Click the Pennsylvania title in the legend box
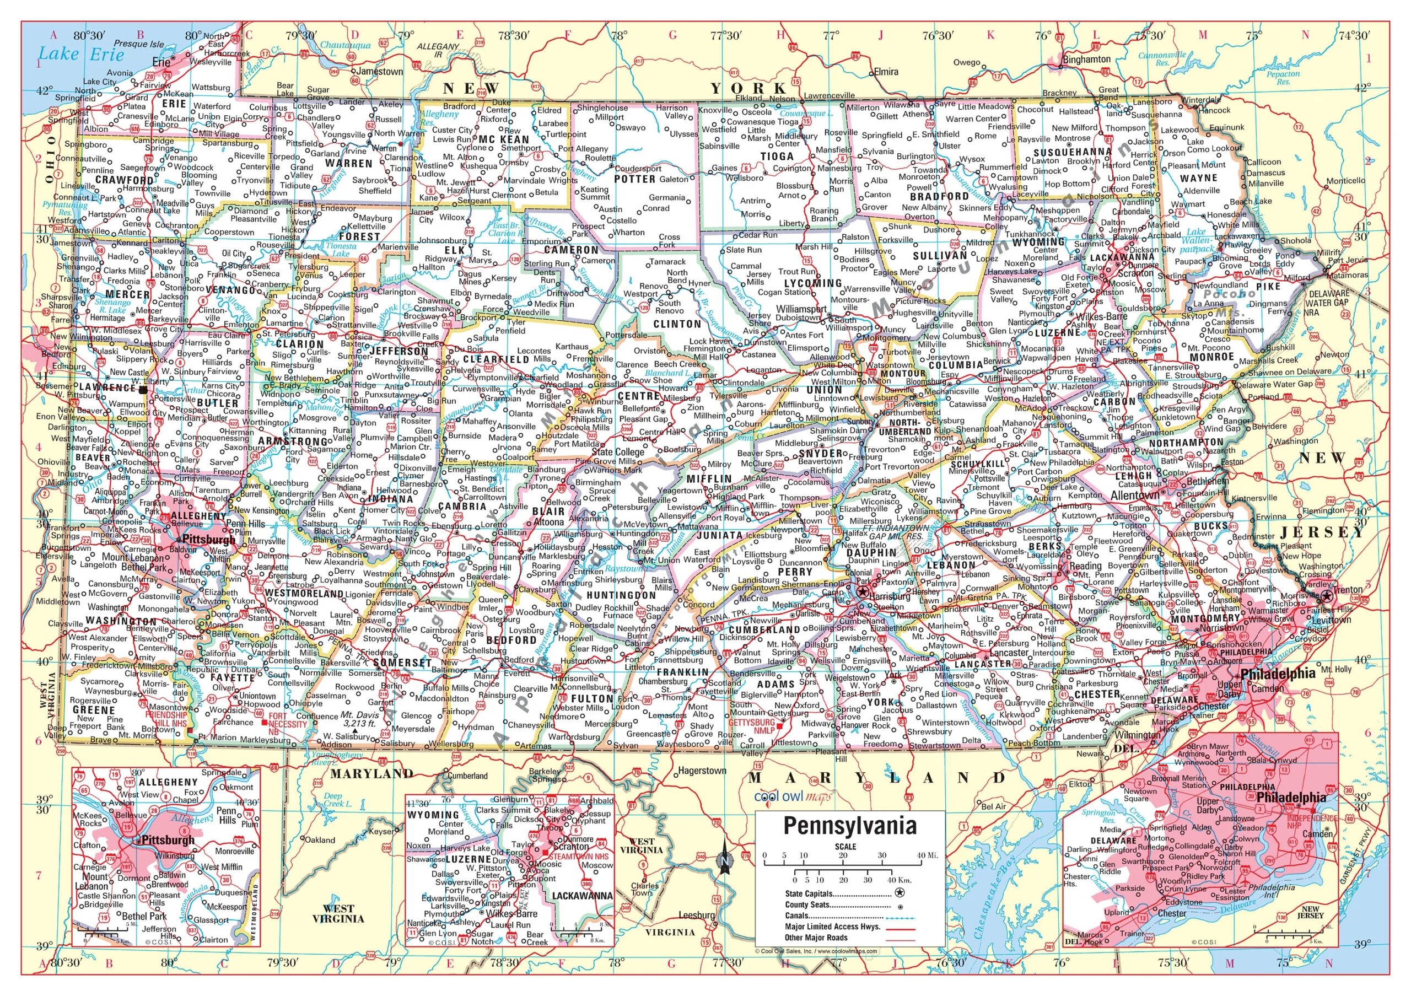tap(849, 826)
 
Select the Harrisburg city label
tap(889, 596)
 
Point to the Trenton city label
tap(1348, 590)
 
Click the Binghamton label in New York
tap(1086, 60)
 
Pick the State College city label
tap(618, 452)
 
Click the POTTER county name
tap(635, 179)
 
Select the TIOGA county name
tap(777, 157)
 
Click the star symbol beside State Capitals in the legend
tap(900, 893)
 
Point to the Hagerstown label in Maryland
tap(702, 771)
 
